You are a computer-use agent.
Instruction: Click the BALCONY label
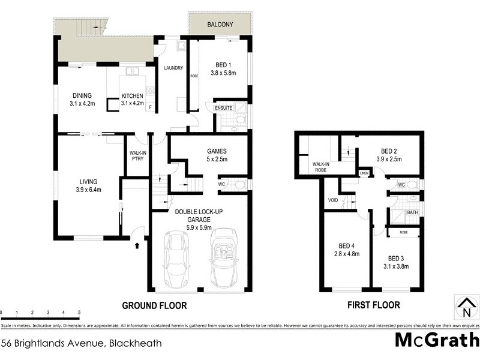(220, 26)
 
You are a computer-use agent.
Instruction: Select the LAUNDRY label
(173, 68)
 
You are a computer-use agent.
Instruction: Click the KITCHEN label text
(133, 96)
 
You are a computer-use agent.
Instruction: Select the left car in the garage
(176, 259)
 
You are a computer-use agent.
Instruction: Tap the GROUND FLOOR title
(154, 305)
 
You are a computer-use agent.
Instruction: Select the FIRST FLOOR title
(374, 305)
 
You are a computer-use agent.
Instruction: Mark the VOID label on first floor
(333, 200)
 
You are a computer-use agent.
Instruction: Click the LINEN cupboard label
(364, 173)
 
